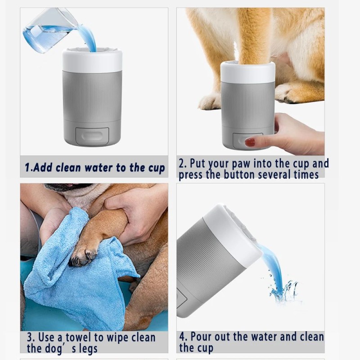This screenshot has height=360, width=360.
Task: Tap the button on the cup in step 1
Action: [x=92, y=135]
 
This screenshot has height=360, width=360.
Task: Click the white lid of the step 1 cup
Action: [x=92, y=61]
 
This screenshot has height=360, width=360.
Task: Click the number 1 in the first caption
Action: [x=27, y=168]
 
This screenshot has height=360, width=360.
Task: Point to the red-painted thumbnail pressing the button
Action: [x=250, y=142]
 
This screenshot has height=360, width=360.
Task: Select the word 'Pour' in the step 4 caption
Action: [x=205, y=337]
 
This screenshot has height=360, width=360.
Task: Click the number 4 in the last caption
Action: [x=182, y=337]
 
